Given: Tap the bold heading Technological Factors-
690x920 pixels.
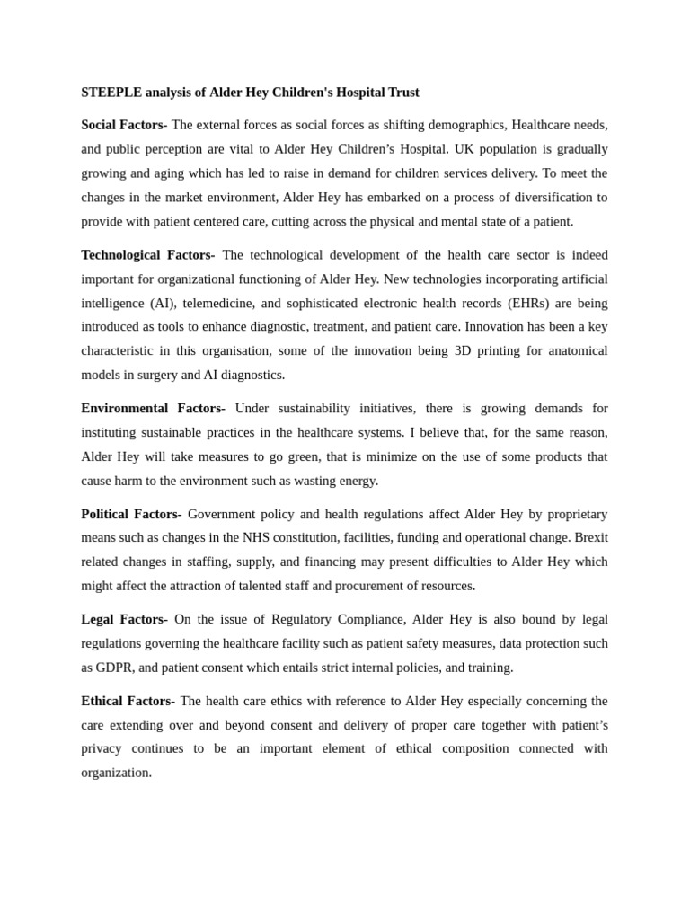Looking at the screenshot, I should [x=147, y=255].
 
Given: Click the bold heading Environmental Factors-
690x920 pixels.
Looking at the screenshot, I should [x=153, y=409].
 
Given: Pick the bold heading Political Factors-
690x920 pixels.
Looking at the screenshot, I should [x=131, y=514].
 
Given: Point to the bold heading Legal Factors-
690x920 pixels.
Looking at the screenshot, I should [x=124, y=619].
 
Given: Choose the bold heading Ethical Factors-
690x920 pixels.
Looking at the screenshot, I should [x=128, y=701].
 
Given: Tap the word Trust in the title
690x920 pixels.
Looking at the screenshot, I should [x=402, y=93].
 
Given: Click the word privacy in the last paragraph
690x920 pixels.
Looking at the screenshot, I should [x=102, y=748].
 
